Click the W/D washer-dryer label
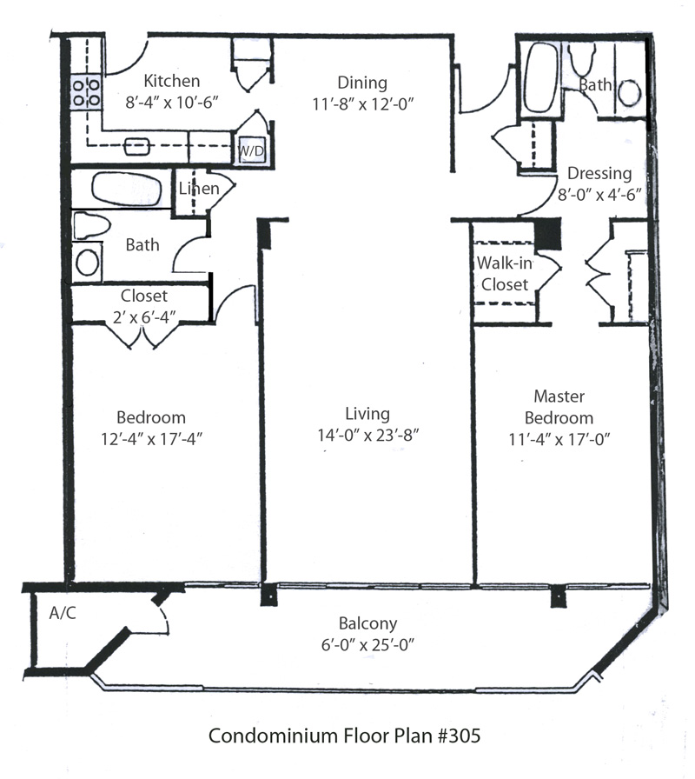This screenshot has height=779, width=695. (251, 151)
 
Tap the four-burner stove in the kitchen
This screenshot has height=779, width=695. (84, 92)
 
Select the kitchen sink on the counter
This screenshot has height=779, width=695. (136, 145)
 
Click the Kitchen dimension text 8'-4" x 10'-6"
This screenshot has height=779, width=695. (172, 101)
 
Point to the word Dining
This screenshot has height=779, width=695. (362, 83)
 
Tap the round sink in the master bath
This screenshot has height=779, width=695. (630, 91)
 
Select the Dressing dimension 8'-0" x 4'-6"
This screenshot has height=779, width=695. (599, 195)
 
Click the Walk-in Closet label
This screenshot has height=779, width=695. (502, 274)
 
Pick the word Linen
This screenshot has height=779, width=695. (198, 189)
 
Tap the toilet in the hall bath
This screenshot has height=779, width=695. (91, 226)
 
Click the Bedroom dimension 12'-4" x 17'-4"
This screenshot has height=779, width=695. (152, 438)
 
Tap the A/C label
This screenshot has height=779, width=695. (63, 613)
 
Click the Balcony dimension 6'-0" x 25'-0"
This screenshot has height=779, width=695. (367, 644)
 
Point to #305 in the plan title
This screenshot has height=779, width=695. (455, 736)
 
